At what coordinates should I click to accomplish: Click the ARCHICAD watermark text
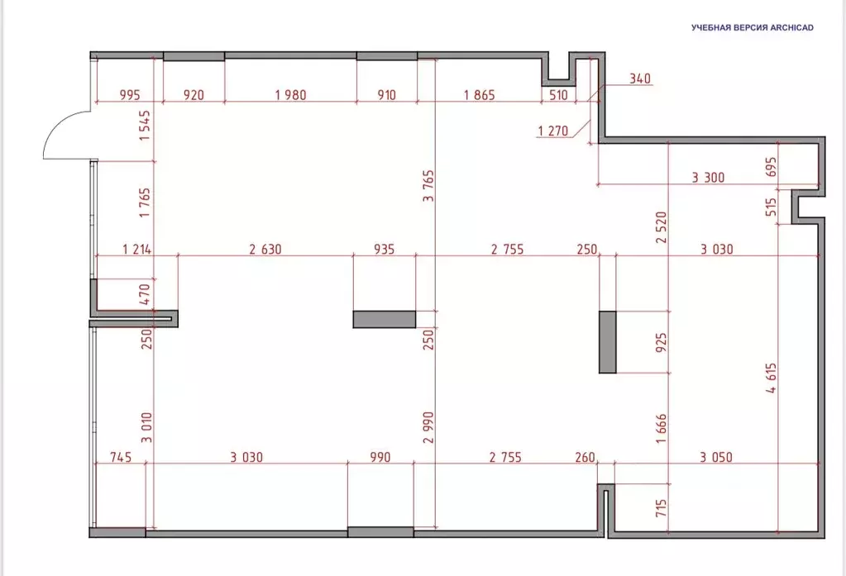(753, 27)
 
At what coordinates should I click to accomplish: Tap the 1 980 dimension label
(291, 95)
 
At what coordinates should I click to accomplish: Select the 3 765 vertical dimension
(428, 186)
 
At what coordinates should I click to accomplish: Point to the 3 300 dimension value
(709, 177)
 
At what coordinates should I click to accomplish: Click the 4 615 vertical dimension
(772, 378)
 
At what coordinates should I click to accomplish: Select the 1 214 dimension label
(137, 250)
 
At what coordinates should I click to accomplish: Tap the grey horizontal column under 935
(385, 319)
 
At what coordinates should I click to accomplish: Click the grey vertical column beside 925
(608, 342)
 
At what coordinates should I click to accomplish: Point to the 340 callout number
(640, 79)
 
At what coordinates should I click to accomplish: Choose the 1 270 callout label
(553, 131)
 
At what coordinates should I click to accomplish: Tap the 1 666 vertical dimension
(662, 428)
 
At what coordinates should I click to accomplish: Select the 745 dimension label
(121, 457)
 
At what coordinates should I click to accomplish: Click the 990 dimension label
(380, 457)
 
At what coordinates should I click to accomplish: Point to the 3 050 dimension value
(716, 457)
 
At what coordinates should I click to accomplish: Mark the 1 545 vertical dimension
(144, 126)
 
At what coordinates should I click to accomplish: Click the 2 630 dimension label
(265, 250)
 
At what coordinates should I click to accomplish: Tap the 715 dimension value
(662, 508)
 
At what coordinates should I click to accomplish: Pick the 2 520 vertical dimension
(662, 227)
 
